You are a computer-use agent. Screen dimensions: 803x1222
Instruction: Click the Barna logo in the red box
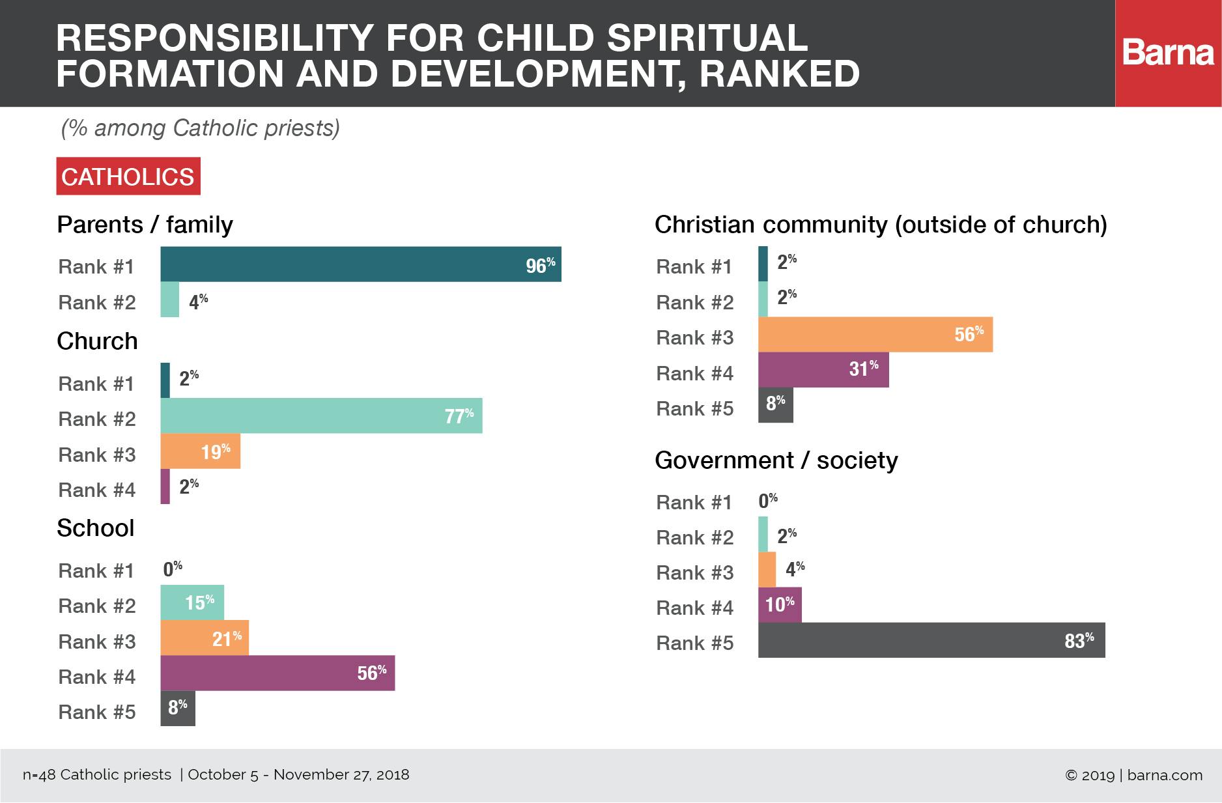click(x=1168, y=53)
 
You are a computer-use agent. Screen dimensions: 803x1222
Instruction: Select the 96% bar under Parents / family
click(x=360, y=264)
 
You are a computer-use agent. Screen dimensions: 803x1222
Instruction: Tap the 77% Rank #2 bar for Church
click(x=321, y=416)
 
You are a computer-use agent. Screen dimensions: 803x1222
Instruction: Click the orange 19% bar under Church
click(x=200, y=451)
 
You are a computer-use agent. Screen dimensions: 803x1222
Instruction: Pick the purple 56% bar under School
click(x=277, y=673)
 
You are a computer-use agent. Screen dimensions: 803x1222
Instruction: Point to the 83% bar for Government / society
click(x=931, y=640)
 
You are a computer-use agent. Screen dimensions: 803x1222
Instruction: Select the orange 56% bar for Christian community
click(x=875, y=335)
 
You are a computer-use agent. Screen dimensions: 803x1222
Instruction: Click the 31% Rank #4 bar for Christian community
click(x=823, y=370)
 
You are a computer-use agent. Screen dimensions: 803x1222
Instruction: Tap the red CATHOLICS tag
click(x=128, y=176)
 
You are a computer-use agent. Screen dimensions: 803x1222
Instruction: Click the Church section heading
click(x=97, y=341)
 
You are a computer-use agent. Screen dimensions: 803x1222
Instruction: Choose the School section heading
click(x=96, y=528)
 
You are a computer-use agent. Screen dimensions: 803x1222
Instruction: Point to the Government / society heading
click(x=776, y=460)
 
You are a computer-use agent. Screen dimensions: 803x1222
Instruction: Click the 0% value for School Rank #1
click(x=173, y=569)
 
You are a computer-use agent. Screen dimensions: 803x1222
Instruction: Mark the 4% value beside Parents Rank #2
click(x=198, y=302)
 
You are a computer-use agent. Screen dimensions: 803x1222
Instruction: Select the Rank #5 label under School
click(x=97, y=712)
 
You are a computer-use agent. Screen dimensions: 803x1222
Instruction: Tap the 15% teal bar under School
click(x=192, y=602)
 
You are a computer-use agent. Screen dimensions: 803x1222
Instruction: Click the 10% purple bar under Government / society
click(x=780, y=605)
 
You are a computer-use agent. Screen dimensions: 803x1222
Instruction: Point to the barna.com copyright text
click(x=1133, y=775)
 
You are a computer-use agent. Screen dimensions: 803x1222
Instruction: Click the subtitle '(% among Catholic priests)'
click(x=201, y=128)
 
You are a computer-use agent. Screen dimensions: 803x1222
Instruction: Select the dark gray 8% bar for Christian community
click(x=775, y=405)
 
